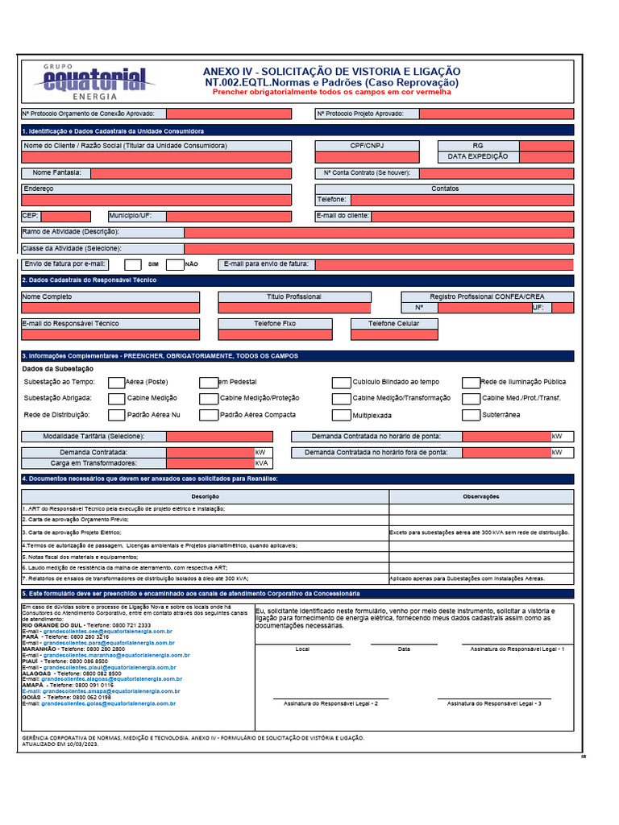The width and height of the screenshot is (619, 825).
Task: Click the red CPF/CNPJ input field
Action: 368,158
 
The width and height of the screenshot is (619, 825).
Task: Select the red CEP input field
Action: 65,217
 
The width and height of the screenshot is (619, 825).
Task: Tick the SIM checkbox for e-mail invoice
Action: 133,264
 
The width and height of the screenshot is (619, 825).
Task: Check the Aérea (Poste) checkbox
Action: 116,383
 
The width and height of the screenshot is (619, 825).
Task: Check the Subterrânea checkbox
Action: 471,416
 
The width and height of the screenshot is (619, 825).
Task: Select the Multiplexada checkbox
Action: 341,416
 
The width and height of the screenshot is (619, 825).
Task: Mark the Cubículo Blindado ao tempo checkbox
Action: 341,383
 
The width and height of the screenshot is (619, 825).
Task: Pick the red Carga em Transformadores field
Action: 210,463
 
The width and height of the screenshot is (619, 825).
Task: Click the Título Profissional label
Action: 293,297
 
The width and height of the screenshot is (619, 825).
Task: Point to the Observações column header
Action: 481,496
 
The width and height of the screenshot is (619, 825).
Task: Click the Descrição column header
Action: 206,496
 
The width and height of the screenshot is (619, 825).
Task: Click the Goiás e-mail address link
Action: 109,703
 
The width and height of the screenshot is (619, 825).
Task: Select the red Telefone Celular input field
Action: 393,334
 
